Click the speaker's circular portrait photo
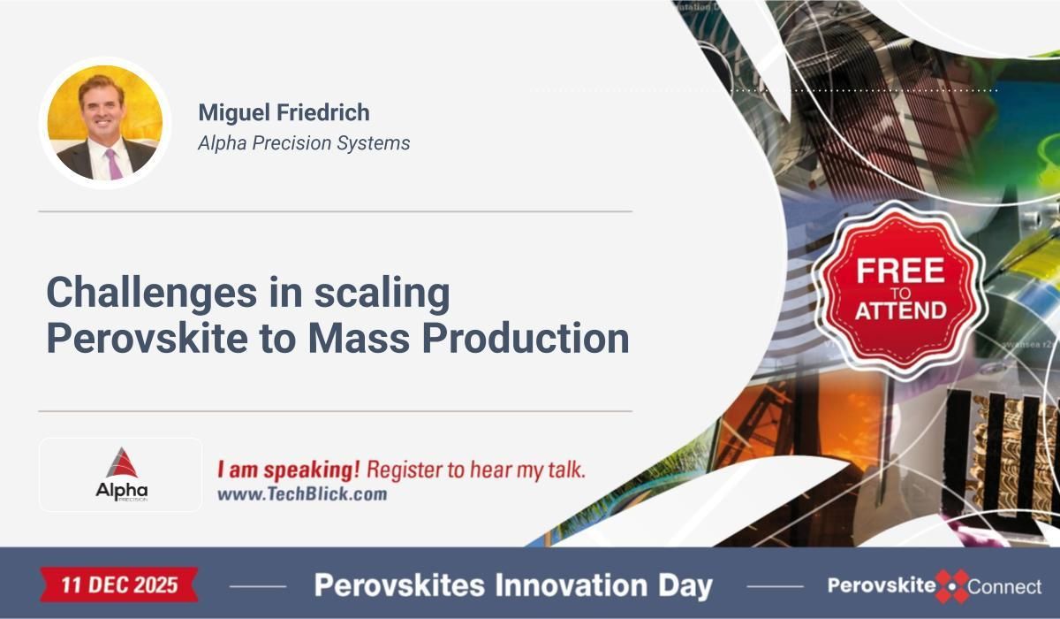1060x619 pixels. click(x=104, y=123)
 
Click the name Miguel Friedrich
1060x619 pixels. click(x=284, y=112)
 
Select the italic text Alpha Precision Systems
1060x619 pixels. click(x=304, y=142)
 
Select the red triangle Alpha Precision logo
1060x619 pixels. click(x=121, y=463)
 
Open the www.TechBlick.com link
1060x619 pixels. click(x=302, y=494)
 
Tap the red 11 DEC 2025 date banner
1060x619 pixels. click(x=119, y=585)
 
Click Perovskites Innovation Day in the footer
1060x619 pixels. click(x=513, y=585)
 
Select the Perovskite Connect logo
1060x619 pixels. click(x=935, y=585)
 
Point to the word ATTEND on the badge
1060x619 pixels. click(x=899, y=309)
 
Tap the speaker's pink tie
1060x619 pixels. click(x=113, y=164)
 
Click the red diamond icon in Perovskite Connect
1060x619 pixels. click(x=951, y=585)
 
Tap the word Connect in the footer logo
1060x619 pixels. click(x=1004, y=586)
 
